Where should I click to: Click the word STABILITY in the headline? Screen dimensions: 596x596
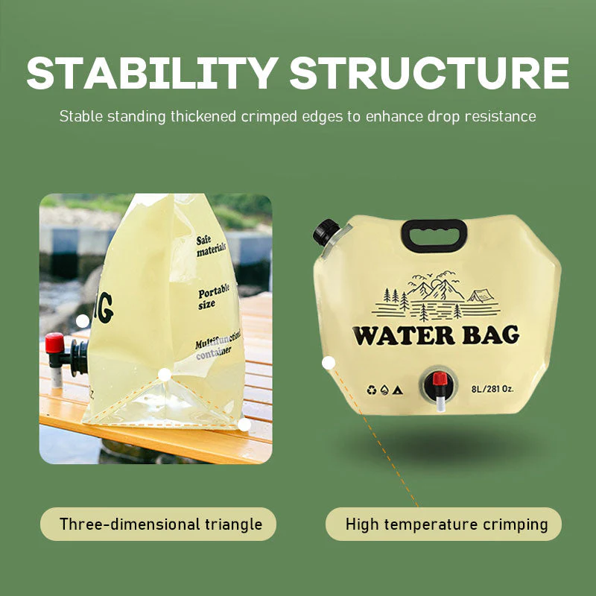tap(153, 73)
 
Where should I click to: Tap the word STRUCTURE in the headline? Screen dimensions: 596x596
tap(430, 73)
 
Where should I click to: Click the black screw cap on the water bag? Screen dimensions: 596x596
tap(326, 232)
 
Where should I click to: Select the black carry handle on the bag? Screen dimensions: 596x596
tap(434, 235)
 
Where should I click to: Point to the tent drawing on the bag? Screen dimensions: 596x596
tap(481, 295)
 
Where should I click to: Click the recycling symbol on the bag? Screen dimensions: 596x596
tap(371, 390)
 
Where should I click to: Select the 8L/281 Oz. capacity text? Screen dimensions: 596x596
tap(492, 389)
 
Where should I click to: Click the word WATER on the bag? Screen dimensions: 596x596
tap(404, 336)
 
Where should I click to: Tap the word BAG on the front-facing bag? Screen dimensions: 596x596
tap(491, 335)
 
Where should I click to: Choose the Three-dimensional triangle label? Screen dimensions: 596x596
tap(160, 524)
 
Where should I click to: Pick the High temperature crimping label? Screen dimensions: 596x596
tap(446, 524)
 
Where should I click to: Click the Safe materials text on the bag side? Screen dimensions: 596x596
tap(212, 246)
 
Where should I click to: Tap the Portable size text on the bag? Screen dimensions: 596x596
tap(214, 297)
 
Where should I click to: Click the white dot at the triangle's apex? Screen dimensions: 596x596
tap(165, 375)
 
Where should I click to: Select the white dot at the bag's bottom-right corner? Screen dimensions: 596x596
tap(244, 425)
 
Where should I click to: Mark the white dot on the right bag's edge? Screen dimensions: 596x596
tap(329, 363)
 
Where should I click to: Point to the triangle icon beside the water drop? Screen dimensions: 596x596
tap(397, 390)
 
